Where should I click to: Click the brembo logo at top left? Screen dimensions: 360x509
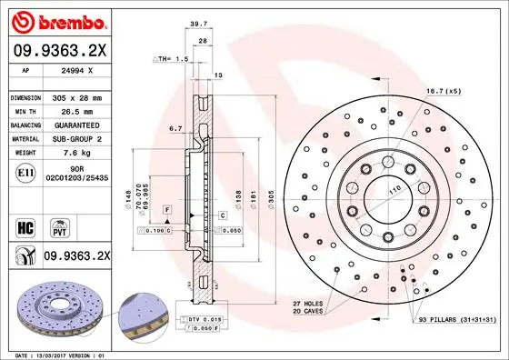click(60, 20)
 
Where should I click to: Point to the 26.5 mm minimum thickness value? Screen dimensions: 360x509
click(73, 110)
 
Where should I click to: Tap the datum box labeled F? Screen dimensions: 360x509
click(167, 210)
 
